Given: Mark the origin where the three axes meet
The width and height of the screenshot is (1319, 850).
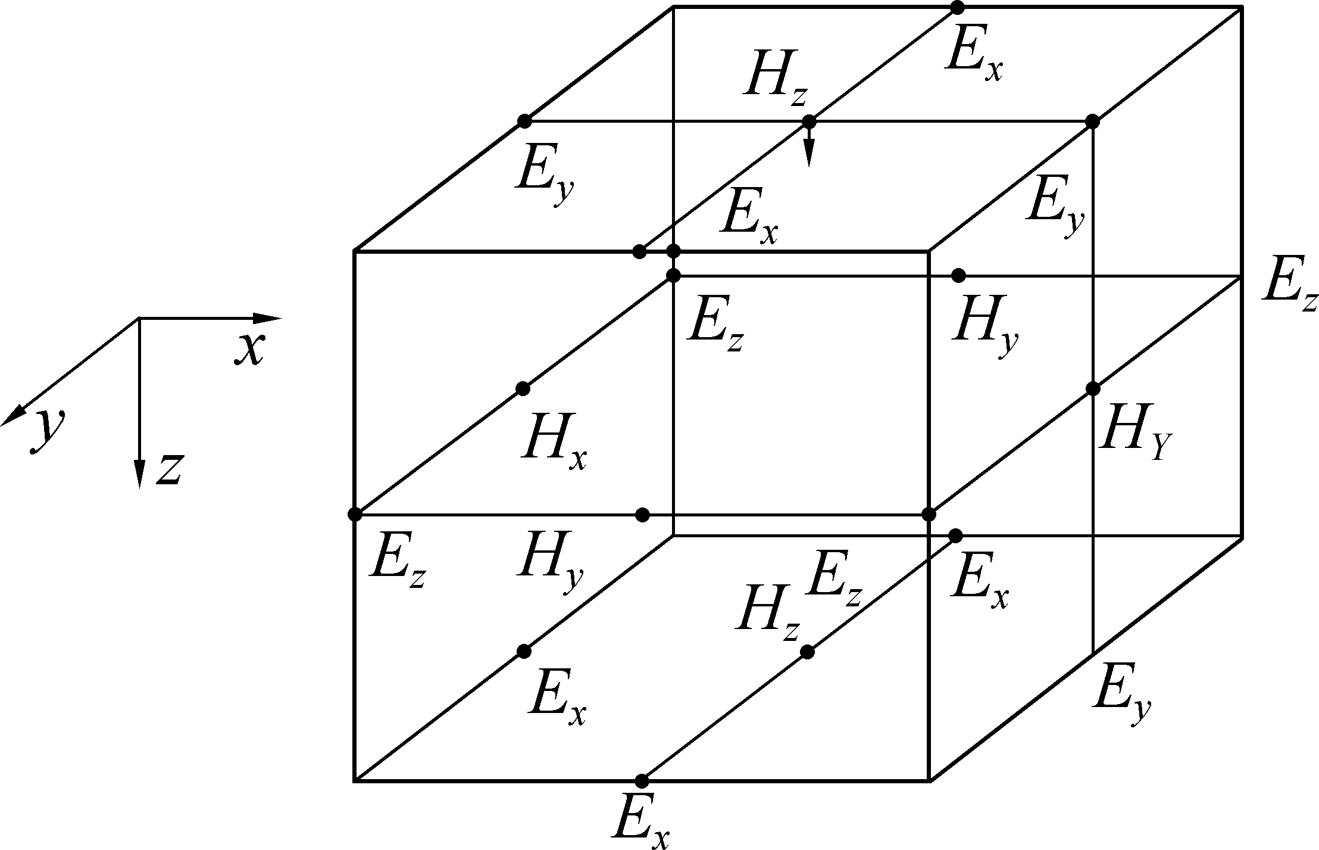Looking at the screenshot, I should click(x=139, y=318).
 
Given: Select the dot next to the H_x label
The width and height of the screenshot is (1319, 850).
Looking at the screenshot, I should click(x=523, y=389).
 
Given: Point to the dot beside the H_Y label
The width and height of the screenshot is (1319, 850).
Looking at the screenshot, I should click(x=1092, y=389).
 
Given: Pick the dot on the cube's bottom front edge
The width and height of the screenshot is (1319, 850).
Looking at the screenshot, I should click(x=642, y=780).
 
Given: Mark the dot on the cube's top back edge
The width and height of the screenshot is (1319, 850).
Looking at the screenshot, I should click(x=957, y=8).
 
